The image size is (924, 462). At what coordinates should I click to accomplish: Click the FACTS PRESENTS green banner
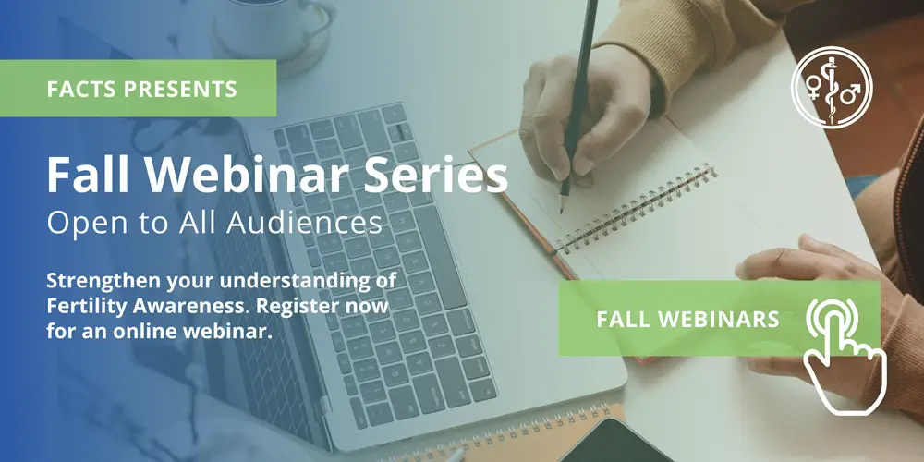tap(139, 90)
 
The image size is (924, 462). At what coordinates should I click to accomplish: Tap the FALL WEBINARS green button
tap(687, 320)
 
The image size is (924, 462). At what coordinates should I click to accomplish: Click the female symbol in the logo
tap(814, 88)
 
